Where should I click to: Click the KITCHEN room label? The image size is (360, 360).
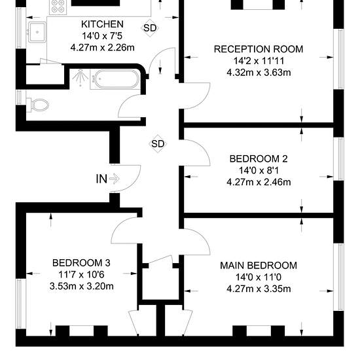[x=102, y=24]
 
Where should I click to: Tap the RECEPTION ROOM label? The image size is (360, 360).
[x=259, y=49]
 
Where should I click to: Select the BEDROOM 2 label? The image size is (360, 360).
[x=259, y=159]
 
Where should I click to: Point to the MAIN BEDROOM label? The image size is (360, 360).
[x=259, y=265]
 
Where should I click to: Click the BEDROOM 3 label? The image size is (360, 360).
[x=81, y=263]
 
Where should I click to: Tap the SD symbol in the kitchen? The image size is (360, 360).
[x=150, y=27]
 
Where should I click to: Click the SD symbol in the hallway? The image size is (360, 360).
[x=158, y=144]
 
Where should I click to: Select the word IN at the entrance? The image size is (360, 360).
[x=101, y=179]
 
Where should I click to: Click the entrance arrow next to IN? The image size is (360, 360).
[x=115, y=179]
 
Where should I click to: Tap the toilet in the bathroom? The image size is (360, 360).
[x=38, y=105]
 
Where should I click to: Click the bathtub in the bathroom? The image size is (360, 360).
[x=115, y=79]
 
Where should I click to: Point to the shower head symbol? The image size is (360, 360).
[x=81, y=77]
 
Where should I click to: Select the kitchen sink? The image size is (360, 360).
[x=37, y=32]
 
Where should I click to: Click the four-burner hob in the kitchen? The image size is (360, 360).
[x=58, y=7]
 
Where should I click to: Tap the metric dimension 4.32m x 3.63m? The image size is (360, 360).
[x=259, y=73]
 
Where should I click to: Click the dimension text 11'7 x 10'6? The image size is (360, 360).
[x=81, y=275]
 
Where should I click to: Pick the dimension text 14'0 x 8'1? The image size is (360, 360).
[x=259, y=171]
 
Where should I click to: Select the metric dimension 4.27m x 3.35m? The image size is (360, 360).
[x=259, y=289]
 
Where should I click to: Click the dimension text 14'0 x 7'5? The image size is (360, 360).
[x=102, y=36]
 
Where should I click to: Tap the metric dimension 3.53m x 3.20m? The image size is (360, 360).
[x=81, y=286]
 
